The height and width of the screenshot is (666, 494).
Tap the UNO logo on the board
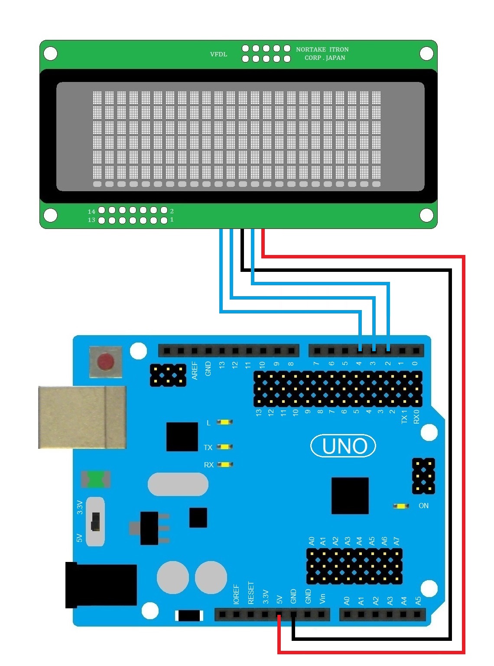343,446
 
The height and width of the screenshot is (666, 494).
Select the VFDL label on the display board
218,54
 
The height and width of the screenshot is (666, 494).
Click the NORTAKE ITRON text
322,49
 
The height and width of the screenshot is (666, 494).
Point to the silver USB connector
82,417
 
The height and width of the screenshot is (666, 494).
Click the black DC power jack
101,585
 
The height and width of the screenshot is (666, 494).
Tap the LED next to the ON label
401,506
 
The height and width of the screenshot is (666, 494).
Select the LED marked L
224,422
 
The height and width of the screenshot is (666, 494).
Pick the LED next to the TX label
224,447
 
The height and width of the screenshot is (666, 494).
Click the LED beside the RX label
224,464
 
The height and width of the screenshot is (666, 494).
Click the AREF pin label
195,371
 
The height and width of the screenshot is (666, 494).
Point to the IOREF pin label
236,594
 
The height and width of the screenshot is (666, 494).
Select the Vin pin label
322,599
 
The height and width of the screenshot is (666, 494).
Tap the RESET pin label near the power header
251,593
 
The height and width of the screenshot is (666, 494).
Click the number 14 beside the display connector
91,212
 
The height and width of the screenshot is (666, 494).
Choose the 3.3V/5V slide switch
95,521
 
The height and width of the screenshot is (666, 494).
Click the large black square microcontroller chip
350,496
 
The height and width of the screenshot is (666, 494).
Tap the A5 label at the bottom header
418,601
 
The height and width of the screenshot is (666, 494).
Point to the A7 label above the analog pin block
396,541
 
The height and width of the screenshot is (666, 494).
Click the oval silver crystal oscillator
178,484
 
